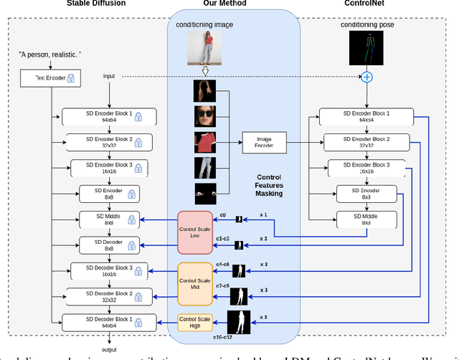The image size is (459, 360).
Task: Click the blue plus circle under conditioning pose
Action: point(366,77)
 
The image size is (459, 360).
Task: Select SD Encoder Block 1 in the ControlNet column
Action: point(366,117)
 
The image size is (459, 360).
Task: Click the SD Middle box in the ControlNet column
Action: point(366,218)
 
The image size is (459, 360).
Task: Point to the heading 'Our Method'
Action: point(224,4)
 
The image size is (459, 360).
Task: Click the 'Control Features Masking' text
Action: point(269,185)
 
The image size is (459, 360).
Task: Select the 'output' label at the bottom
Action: point(109,349)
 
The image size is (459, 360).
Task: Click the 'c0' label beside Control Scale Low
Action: point(222,215)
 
